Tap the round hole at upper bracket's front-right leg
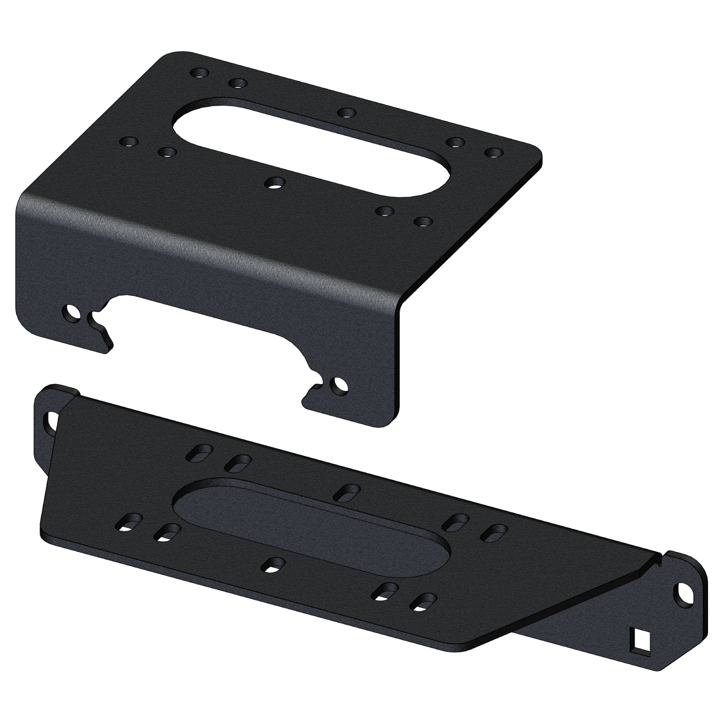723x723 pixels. pos(339,385)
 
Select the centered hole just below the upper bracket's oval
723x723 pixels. pos(274,182)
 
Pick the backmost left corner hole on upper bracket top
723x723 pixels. pos(199,73)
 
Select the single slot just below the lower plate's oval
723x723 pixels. pos(273,564)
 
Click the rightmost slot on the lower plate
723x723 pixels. pos(495,532)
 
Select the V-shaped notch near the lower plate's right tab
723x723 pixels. pos(658,560)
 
